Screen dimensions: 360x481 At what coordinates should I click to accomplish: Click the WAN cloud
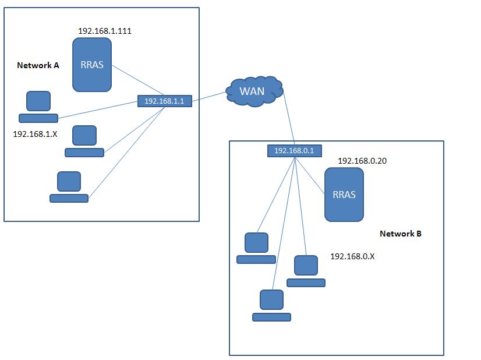point(253,91)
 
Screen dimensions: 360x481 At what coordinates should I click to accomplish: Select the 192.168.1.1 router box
point(164,101)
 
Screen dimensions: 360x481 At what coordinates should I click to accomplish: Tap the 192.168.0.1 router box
point(294,150)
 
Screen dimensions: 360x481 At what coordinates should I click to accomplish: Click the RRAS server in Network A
point(92,65)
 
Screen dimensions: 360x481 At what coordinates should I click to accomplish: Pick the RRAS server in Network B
point(344,195)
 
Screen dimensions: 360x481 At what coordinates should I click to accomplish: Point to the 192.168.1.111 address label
point(105,31)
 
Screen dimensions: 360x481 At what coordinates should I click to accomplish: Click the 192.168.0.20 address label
point(362,161)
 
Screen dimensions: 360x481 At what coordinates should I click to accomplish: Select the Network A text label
point(38,65)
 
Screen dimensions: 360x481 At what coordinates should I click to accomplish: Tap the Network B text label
point(401,234)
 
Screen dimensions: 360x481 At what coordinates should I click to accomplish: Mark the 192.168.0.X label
point(352,256)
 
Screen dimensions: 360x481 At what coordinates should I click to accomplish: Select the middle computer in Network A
point(84,142)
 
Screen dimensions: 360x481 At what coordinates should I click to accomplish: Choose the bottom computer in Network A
point(69,187)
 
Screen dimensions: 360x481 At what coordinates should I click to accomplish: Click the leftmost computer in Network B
point(256,248)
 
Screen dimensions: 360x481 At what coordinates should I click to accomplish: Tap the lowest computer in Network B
point(271,305)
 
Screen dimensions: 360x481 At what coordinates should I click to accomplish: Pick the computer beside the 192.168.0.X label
point(306,271)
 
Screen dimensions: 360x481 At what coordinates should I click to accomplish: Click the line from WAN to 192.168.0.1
point(288,119)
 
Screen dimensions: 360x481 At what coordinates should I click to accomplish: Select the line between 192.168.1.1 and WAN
point(208,96)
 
